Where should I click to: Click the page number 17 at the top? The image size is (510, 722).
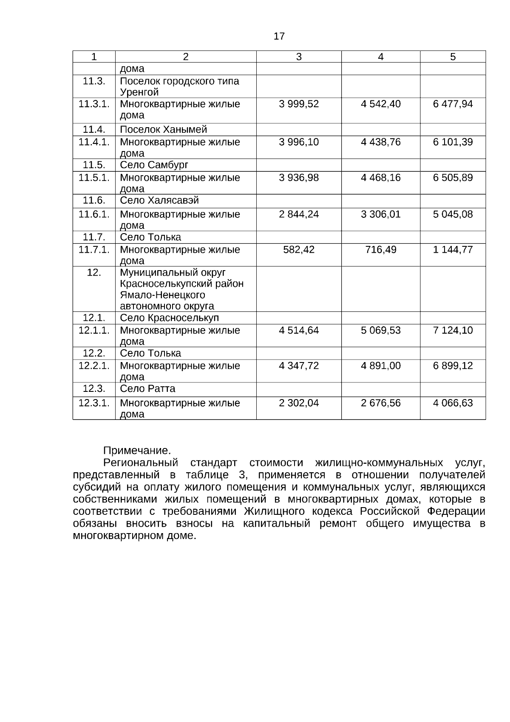pos(279,37)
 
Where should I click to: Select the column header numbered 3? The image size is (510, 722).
pos(299,57)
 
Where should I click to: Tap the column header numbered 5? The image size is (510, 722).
pos(453,57)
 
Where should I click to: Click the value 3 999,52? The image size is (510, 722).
pos(299,104)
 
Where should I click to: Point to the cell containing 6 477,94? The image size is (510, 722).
pos(453,104)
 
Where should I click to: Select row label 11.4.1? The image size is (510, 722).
pos(94,142)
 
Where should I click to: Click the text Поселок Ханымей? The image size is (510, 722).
pos(163,130)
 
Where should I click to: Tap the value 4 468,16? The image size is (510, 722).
pos(380,178)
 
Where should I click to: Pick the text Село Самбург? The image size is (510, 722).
pos(154,165)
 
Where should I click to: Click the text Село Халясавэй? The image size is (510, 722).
pos(159,200)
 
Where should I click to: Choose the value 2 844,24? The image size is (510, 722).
pos(299,214)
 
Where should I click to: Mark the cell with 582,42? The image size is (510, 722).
pos(299,250)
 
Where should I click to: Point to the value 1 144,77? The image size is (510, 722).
pos(453,250)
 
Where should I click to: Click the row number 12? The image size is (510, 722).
pos(94,273)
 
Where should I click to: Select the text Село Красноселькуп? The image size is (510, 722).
pos(169,318)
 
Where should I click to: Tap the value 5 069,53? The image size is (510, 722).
pos(380,331)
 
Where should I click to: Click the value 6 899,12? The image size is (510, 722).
pos(453,366)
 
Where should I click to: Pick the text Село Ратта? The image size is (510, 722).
pos(147,389)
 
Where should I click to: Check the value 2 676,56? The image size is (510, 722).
pos(380,403)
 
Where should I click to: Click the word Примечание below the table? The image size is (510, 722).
pos(137,451)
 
